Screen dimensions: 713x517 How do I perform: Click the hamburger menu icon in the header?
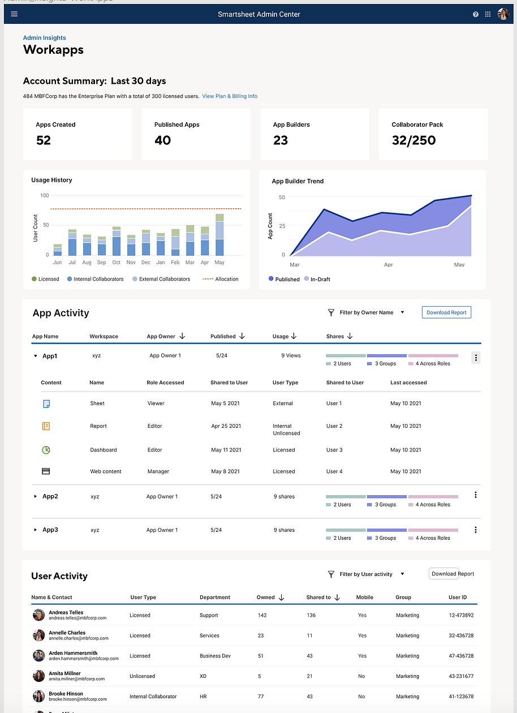[14, 14]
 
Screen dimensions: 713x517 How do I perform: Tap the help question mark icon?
[476, 15]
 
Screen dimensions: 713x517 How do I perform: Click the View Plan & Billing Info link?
[230, 96]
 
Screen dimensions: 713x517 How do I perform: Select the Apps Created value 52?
[44, 140]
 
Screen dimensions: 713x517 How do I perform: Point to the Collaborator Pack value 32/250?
[413, 140]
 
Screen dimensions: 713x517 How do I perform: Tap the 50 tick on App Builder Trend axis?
[282, 197]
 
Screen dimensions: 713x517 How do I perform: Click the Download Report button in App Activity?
[446, 312]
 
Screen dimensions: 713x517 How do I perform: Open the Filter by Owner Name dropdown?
[367, 312]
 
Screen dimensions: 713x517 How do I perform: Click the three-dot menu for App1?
[476, 358]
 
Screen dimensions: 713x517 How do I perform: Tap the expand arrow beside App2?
[35, 496]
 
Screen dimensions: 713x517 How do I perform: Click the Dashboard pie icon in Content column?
[46, 450]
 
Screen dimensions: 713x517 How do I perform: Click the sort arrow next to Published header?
[242, 336]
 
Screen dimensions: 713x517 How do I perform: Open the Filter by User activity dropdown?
[367, 574]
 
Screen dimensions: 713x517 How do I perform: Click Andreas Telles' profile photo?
[38, 616]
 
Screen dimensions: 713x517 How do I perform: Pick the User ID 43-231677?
[461, 676]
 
